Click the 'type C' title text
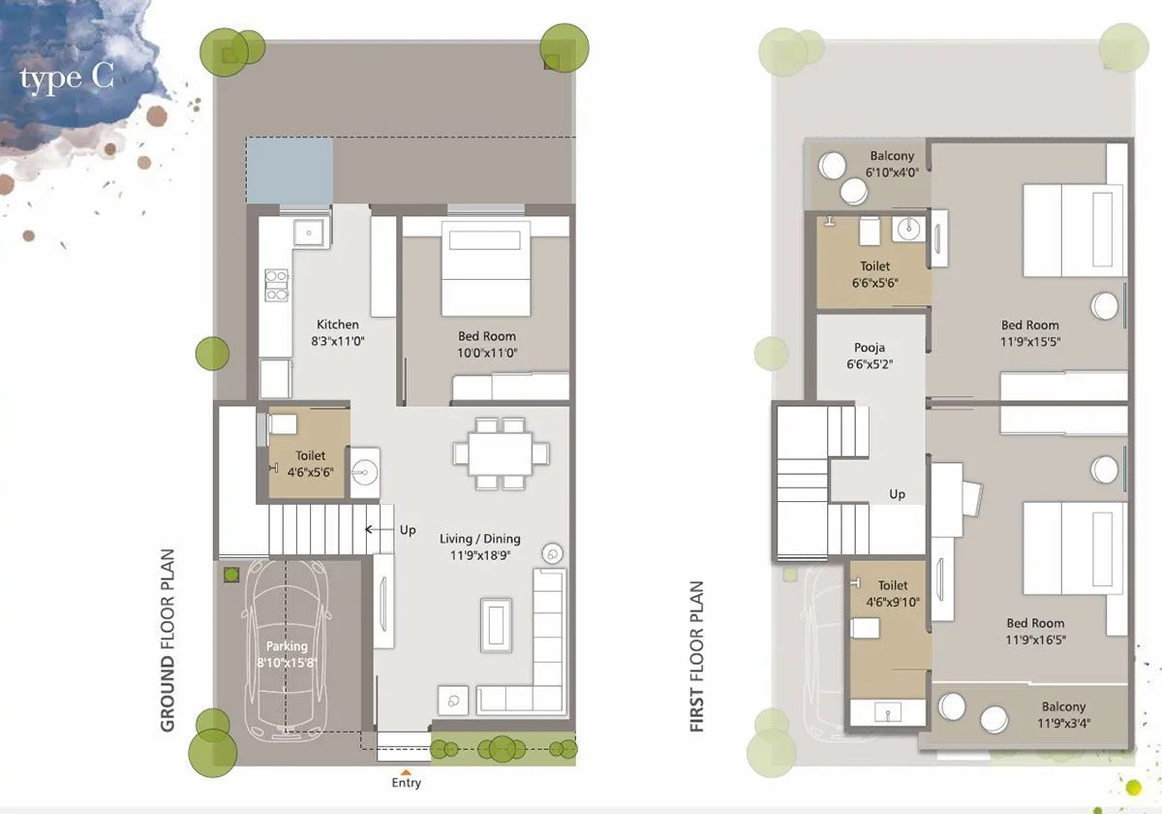coord(67,78)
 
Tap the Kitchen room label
coord(337,325)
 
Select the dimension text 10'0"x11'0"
coord(487,353)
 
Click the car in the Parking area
coord(286,645)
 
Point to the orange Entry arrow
coord(406,770)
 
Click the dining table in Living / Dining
coord(501,453)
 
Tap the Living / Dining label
coord(479,539)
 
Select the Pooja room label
coord(869,348)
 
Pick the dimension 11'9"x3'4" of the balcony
coord(1063,723)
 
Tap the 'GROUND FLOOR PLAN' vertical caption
coord(168,641)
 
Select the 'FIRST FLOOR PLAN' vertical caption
coord(697,656)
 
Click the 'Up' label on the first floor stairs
coord(897,494)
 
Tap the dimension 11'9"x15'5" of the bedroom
coord(1030,341)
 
